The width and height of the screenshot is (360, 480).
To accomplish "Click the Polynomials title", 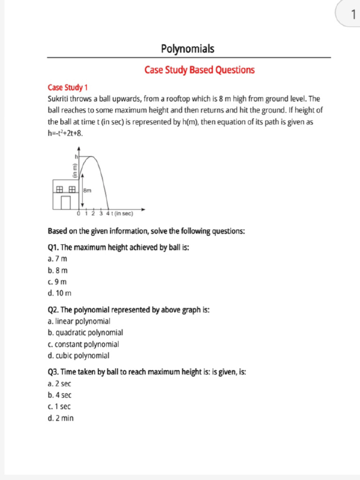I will point(187,49).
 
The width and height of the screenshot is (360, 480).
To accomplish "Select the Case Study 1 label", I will point(67,88).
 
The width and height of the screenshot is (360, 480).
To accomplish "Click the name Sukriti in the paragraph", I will point(60,99).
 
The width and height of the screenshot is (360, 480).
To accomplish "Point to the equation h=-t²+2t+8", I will point(65,133).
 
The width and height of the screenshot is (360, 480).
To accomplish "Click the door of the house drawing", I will point(66,202).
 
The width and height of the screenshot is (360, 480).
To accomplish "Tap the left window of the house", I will point(60,189).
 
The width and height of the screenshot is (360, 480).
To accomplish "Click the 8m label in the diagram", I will point(87,190).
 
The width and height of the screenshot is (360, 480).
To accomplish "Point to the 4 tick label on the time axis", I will point(107,214).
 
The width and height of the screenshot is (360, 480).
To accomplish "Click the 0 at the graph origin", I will point(79,214).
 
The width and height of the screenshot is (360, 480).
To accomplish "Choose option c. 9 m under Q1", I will point(57,282).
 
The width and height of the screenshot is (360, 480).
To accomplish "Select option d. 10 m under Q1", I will point(60,293).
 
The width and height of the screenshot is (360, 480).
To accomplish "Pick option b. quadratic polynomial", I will point(85,333).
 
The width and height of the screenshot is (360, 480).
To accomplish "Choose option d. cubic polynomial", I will point(78,356).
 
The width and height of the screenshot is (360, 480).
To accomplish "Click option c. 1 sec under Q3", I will point(59,407).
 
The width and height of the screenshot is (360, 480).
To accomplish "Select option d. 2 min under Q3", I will point(60,418).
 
